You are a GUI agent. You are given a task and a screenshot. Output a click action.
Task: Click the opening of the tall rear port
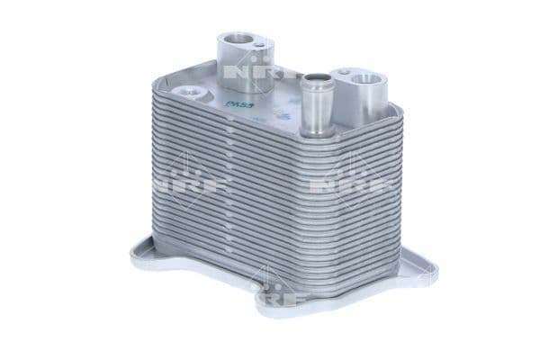[239, 39]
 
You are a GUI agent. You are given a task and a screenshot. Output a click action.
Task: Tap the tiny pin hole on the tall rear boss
[259, 45]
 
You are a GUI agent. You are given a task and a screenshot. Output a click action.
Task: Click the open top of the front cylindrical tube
[313, 79]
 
